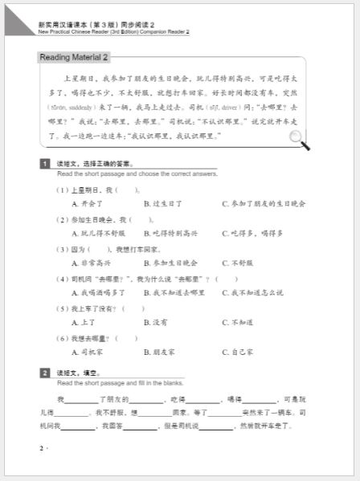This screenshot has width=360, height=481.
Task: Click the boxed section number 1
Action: (45, 165)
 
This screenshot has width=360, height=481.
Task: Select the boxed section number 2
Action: (45, 373)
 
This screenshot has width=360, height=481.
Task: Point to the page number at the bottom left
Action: (43, 447)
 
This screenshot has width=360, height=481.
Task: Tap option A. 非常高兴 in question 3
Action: (92, 263)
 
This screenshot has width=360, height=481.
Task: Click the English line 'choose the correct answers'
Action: (137, 173)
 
